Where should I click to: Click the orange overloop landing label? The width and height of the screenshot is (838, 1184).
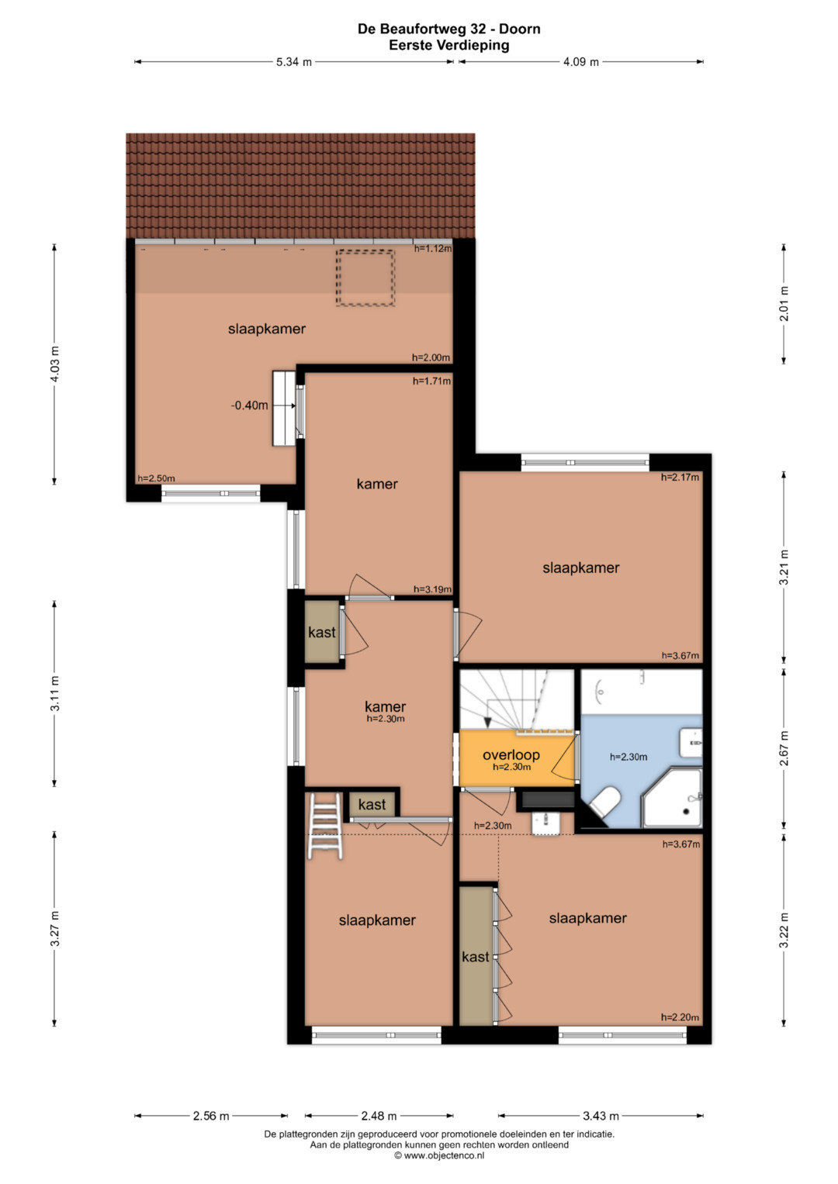pyautogui.click(x=511, y=754)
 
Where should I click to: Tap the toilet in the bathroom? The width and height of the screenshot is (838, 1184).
pyautogui.click(x=604, y=803)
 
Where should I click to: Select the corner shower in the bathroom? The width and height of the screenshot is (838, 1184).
pyautogui.click(x=672, y=798)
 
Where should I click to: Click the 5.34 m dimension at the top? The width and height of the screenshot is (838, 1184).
pyautogui.click(x=293, y=62)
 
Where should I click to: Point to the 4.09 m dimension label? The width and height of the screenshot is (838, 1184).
pyautogui.click(x=580, y=62)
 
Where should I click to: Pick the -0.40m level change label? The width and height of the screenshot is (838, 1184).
pyautogui.click(x=249, y=406)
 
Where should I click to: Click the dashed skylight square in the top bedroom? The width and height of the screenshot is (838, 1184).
pyautogui.click(x=365, y=278)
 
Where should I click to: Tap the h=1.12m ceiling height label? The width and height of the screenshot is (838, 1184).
pyautogui.click(x=432, y=248)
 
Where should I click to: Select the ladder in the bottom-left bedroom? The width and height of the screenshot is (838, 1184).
pyautogui.click(x=325, y=826)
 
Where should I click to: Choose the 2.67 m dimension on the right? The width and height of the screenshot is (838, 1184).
pyautogui.click(x=784, y=747)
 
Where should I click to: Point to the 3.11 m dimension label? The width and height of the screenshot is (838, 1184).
pyautogui.click(x=54, y=693)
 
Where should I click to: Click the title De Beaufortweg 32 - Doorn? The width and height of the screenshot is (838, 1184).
pyautogui.click(x=448, y=29)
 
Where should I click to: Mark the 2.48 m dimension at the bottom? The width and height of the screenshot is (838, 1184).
pyautogui.click(x=379, y=1116)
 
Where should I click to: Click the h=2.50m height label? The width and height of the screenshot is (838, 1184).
pyautogui.click(x=156, y=478)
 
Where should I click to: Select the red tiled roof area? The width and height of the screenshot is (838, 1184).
pyautogui.click(x=300, y=186)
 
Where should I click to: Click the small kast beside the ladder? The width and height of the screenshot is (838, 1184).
pyautogui.click(x=372, y=804)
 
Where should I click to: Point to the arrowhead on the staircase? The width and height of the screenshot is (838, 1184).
pyautogui.click(x=488, y=723)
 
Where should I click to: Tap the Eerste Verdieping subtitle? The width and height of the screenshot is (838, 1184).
pyautogui.click(x=449, y=45)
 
